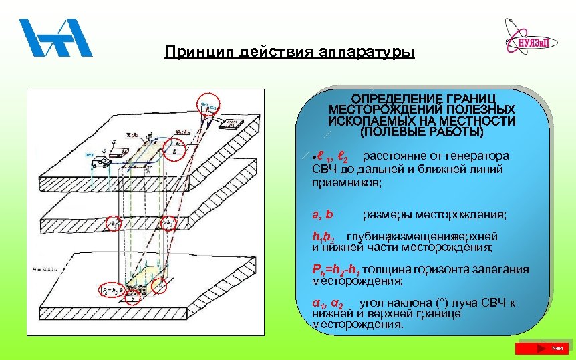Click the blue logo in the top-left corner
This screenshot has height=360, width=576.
(x=55, y=38)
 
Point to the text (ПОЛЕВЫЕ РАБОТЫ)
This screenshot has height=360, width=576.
(x=421, y=132)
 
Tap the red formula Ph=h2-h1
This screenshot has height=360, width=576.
(x=339, y=270)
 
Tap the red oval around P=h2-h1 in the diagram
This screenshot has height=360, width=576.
(x=113, y=291)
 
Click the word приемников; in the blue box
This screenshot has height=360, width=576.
(x=347, y=182)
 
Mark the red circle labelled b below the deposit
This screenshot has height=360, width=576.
(x=160, y=285)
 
